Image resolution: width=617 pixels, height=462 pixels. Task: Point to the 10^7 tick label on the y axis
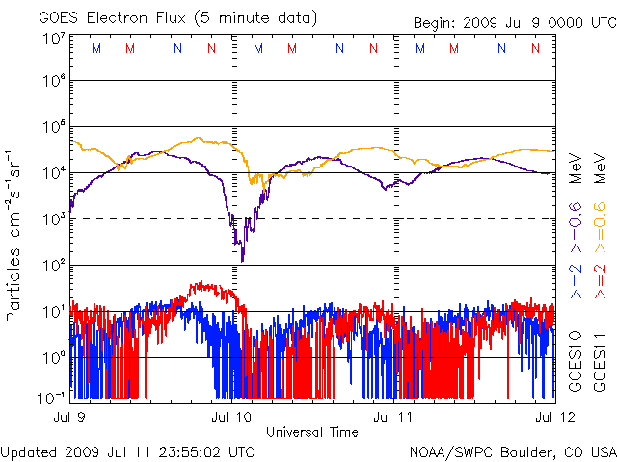coord(53,39)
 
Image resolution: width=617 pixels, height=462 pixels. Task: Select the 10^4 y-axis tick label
coord(53,173)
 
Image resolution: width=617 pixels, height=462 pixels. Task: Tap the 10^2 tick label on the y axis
coord(53,266)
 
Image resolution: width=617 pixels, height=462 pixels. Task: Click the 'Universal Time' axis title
coord(312,432)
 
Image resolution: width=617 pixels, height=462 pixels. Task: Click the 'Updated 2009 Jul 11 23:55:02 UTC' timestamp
coord(128,450)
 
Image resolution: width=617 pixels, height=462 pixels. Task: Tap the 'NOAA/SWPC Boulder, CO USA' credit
coord(512,450)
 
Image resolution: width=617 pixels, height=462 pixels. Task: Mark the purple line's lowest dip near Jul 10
coord(242,260)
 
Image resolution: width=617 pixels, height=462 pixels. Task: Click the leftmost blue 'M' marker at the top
coord(94,48)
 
